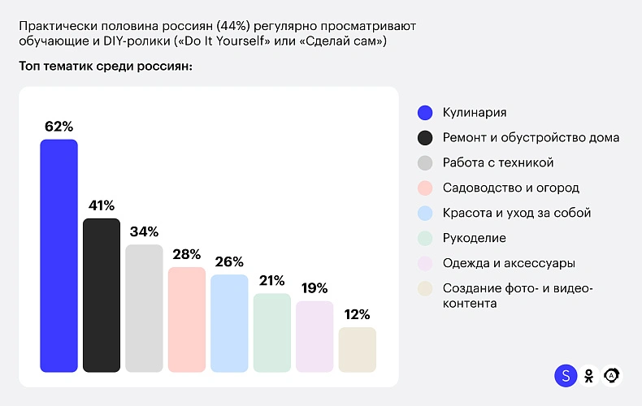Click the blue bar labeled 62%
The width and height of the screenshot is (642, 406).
pos(59,256)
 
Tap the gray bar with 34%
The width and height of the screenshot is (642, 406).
pos(144,308)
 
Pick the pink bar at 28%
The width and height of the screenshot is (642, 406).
pos(186,319)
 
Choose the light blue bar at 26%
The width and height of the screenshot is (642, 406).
pos(229,323)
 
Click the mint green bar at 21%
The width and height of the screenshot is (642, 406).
pos(271,332)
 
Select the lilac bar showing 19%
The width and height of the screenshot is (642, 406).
pos(314,336)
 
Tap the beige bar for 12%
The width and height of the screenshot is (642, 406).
pos(357,349)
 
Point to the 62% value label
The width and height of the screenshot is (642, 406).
pos(59,127)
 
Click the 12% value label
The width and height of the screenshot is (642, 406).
pos(357,314)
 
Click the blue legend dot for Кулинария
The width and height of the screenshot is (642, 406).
pos(424,112)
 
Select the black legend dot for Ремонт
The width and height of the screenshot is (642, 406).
pos(424,137)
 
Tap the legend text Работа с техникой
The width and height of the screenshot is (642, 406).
pos(497,162)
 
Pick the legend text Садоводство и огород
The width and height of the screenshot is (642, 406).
pos(510,188)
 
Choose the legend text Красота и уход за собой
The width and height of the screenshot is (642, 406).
pos(516,213)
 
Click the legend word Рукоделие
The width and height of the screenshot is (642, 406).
pos(474,238)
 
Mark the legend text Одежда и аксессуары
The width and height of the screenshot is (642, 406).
pos(509,263)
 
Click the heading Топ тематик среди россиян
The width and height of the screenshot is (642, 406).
pos(106,66)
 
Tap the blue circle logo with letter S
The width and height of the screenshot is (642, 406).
pos(565,375)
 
